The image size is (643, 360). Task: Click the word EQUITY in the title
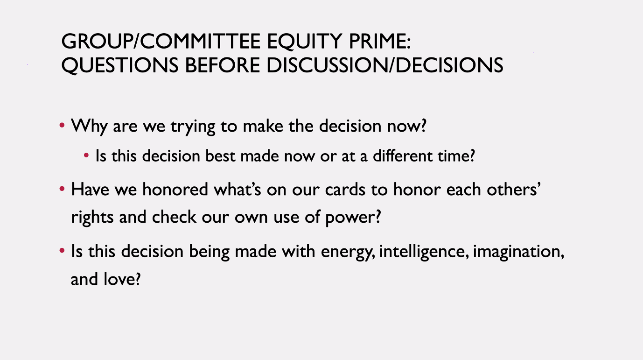pos(305,42)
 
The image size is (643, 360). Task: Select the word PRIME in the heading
pos(377,41)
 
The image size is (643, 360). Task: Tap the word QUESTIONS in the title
pos(120,66)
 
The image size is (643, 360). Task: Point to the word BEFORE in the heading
pos(223,65)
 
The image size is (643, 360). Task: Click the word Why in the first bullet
pos(89,127)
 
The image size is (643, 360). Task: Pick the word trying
pos(193,127)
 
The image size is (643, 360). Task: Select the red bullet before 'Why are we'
pos(62,125)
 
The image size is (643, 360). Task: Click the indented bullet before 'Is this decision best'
pos(86,155)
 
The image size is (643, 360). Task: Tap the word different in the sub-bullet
pos(402,155)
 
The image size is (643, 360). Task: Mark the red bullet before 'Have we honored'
pos(62,189)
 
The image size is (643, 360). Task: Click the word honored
pos(175,189)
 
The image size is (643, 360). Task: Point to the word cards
pos(345,189)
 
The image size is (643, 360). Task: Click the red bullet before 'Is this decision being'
pos(62,251)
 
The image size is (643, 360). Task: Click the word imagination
pos(517,252)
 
